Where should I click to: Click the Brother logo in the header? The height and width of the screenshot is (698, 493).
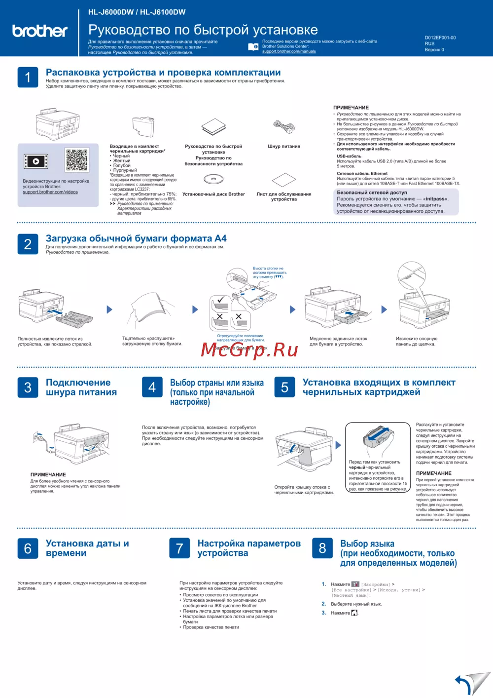(40, 31)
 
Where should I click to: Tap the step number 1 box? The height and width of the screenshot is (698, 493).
(28, 78)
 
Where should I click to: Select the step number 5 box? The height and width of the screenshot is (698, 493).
(284, 388)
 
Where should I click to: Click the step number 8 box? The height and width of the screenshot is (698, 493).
(322, 548)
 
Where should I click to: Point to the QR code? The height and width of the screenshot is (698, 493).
(76, 160)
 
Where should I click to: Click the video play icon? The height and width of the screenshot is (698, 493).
(36, 161)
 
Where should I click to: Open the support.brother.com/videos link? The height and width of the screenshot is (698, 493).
(50, 192)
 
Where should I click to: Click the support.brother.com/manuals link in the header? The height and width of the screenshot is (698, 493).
(289, 51)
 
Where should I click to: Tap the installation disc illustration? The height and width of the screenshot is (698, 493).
(213, 180)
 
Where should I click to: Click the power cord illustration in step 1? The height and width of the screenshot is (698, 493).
(284, 127)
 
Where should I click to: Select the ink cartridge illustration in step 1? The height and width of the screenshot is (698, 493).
(143, 126)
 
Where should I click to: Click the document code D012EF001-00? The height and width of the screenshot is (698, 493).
(440, 38)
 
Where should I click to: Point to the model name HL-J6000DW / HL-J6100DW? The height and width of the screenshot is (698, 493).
(137, 12)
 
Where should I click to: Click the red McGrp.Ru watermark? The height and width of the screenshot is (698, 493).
(249, 349)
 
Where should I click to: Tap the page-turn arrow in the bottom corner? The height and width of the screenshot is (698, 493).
(472, 684)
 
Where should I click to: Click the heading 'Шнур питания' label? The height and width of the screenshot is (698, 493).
(284, 146)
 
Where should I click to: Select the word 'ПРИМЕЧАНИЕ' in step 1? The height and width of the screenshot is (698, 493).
(351, 107)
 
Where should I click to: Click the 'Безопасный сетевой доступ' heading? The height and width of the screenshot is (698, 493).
(372, 193)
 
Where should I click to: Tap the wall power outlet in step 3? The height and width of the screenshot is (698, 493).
(38, 436)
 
